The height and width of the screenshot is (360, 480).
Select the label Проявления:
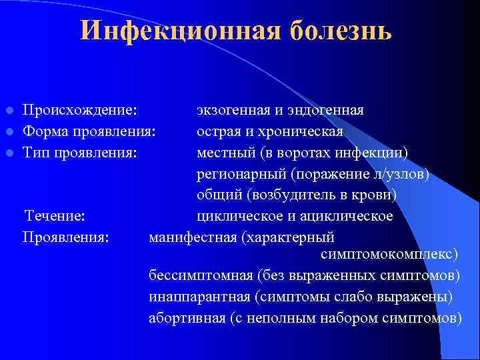point(66,237)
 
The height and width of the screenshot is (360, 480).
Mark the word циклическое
point(238,216)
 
